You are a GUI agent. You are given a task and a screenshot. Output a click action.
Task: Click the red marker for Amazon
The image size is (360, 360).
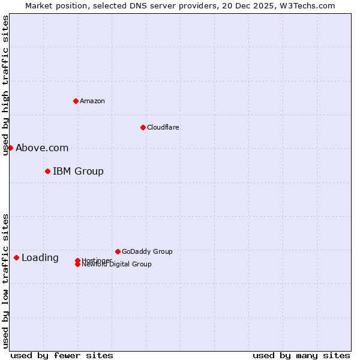pyautogui.click(x=76, y=101)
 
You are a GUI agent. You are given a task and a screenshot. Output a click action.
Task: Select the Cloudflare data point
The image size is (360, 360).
pyautogui.click(x=143, y=127)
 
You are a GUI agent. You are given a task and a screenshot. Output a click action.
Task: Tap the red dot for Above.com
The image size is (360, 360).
pyautogui.click(x=10, y=148)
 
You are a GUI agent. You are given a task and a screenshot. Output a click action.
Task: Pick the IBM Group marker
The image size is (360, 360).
pyautogui.click(x=47, y=171)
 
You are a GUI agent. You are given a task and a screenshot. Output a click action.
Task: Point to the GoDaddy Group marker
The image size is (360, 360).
pyautogui.click(x=118, y=251)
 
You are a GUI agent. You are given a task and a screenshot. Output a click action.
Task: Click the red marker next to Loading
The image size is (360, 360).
pyautogui.click(x=16, y=257)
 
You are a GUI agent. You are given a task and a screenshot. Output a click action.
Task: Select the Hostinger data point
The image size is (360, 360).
pyautogui.click(x=77, y=260)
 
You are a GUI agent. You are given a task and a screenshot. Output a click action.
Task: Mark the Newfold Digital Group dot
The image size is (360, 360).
pyautogui.click(x=77, y=265)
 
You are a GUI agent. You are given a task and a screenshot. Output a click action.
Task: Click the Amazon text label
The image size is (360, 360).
pyautogui.click(x=92, y=101)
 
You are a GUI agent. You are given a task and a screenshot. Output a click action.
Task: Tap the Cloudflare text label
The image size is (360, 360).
pyautogui.click(x=163, y=127)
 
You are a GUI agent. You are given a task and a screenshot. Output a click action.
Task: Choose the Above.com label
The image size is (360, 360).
pyautogui.click(x=42, y=148)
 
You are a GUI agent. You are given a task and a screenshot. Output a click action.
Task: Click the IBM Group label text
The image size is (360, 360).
pyautogui.click(x=78, y=171)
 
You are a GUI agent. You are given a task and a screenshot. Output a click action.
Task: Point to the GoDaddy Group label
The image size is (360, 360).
pyautogui.click(x=147, y=251)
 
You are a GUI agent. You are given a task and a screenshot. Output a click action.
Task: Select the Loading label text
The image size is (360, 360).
pyautogui.click(x=40, y=257)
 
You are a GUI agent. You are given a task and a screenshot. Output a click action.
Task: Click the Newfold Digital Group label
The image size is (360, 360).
pyautogui.click(x=117, y=265)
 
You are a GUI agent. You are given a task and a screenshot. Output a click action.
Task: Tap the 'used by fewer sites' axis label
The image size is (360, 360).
pyautogui.click(x=62, y=355)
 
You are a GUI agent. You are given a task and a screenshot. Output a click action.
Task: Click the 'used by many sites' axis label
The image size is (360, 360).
pyautogui.click(x=301, y=355)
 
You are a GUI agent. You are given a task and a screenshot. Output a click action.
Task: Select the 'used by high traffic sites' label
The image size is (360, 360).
pyautogui.click(x=5, y=86)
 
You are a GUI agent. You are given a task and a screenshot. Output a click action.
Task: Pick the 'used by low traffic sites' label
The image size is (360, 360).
pyautogui.click(x=5, y=281)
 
